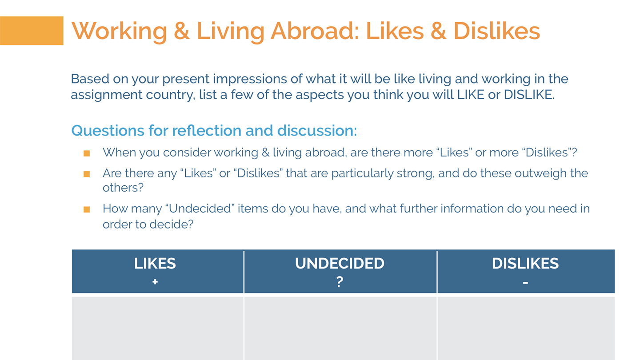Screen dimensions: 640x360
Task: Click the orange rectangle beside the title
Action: (x=32, y=31)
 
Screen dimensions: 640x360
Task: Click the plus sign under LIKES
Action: (x=155, y=282)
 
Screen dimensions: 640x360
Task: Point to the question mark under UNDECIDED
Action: (x=340, y=282)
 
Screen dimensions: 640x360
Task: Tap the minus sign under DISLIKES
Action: (x=525, y=283)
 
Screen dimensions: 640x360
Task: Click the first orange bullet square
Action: (x=87, y=153)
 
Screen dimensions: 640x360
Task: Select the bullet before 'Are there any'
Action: (x=87, y=174)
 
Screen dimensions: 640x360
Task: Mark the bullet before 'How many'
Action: (x=87, y=209)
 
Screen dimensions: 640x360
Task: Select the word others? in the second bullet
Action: (x=123, y=188)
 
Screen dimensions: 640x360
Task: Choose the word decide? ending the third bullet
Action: (x=172, y=224)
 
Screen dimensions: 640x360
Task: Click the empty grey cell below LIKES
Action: (x=158, y=328)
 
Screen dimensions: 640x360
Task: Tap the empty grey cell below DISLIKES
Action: (x=526, y=328)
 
